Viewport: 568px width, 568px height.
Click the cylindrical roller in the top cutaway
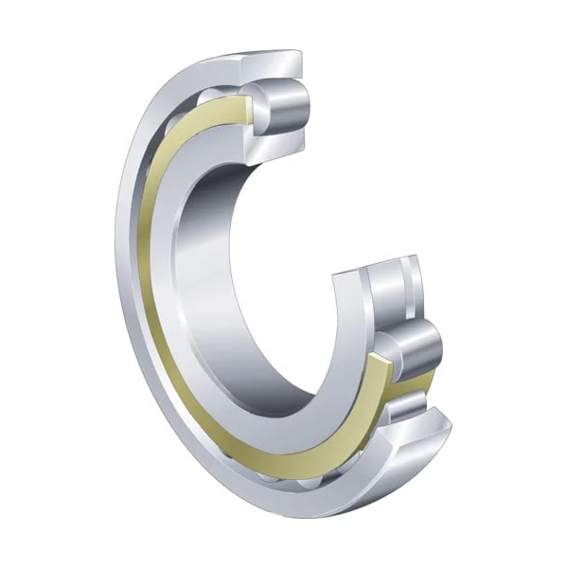pyautogui.click(x=285, y=106)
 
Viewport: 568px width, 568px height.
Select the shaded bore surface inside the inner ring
pyautogui.click(x=213, y=284)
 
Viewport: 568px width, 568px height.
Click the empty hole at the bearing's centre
pyautogui.click(x=275, y=284)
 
